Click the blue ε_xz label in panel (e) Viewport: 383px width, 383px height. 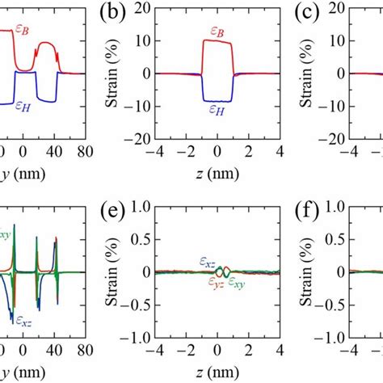pos(208,261)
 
